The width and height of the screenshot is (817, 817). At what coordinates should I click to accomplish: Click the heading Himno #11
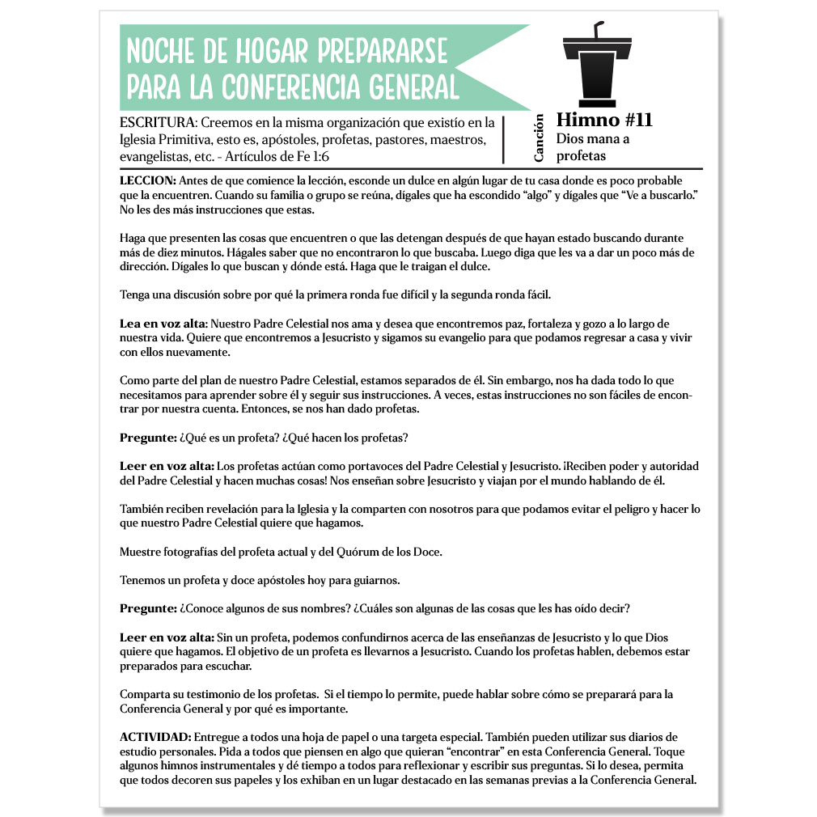604,121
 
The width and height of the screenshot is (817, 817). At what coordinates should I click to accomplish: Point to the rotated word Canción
540,138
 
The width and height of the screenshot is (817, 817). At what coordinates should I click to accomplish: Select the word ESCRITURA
156,123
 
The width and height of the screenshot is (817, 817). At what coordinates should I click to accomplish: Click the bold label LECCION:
147,180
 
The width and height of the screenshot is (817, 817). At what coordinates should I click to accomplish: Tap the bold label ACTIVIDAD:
155,737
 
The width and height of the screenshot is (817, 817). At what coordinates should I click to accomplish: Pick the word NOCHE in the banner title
160,52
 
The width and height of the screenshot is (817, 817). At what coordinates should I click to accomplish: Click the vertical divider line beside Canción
504,139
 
